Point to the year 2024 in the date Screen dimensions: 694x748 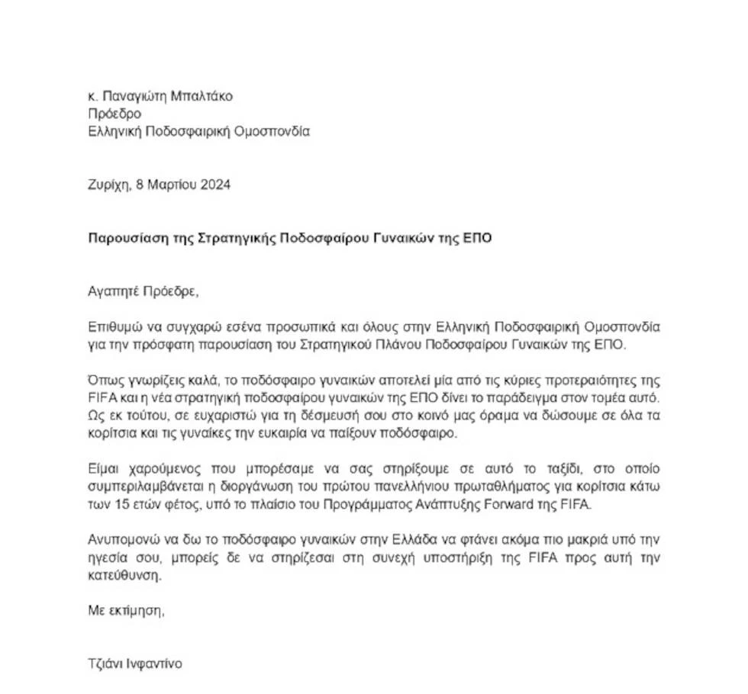click(x=214, y=185)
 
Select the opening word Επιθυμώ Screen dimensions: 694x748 click(x=114, y=326)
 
